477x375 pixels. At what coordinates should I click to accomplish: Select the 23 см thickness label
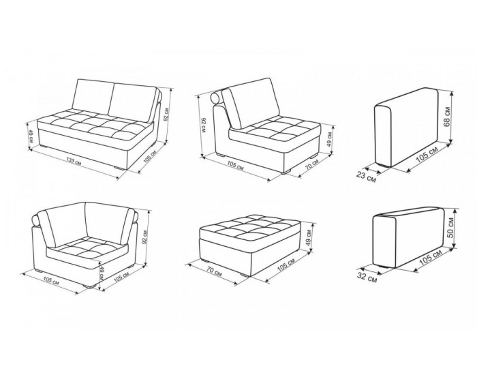[x=366, y=177]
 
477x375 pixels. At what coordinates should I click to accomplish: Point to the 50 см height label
[x=450, y=228]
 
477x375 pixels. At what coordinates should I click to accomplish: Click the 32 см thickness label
[x=367, y=277]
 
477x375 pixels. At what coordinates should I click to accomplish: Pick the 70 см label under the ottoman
[x=214, y=272]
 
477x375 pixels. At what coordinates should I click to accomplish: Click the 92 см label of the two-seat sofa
[x=166, y=114]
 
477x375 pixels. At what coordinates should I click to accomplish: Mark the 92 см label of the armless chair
[x=204, y=125]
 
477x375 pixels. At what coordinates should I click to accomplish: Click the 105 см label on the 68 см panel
[x=427, y=154]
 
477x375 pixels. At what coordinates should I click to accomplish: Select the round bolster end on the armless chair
[x=216, y=98]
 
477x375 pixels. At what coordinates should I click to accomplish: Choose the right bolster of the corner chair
[x=136, y=216]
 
